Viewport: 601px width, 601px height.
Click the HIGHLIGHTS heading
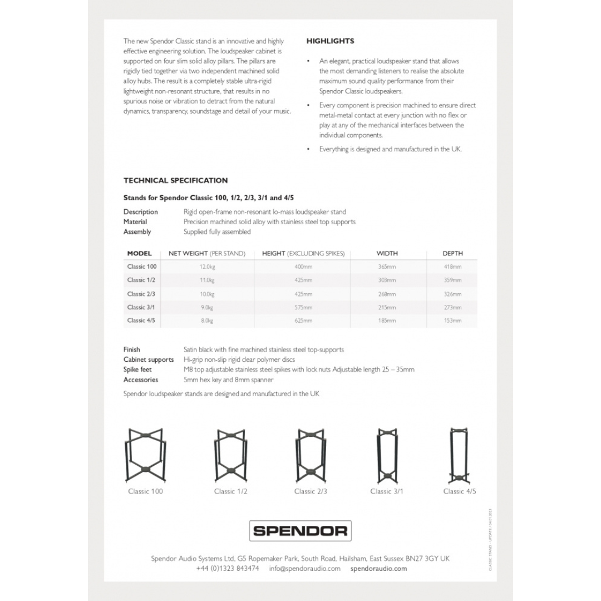[330, 41]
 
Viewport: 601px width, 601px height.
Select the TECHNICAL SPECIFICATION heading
[175, 180]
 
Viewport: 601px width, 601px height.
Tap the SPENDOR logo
[300, 530]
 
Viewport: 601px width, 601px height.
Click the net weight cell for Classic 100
[206, 267]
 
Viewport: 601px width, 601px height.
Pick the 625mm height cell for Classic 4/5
[303, 321]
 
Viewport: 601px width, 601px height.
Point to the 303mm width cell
[387, 280]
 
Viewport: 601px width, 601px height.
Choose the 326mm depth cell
[452, 294]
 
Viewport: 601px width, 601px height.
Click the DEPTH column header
[452, 254]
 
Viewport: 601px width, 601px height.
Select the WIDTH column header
[387, 254]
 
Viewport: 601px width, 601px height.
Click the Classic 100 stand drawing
[146, 456]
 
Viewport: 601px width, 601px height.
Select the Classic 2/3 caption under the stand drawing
[311, 491]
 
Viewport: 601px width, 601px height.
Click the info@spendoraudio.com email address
[304, 569]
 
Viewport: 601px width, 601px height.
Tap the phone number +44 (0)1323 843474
[228, 569]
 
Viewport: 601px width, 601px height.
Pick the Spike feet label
[137, 370]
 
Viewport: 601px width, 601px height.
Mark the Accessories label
[141, 380]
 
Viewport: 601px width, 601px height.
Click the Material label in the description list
[135, 221]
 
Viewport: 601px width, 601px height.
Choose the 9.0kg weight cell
[206, 307]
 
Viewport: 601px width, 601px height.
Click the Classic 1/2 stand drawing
[230, 456]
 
